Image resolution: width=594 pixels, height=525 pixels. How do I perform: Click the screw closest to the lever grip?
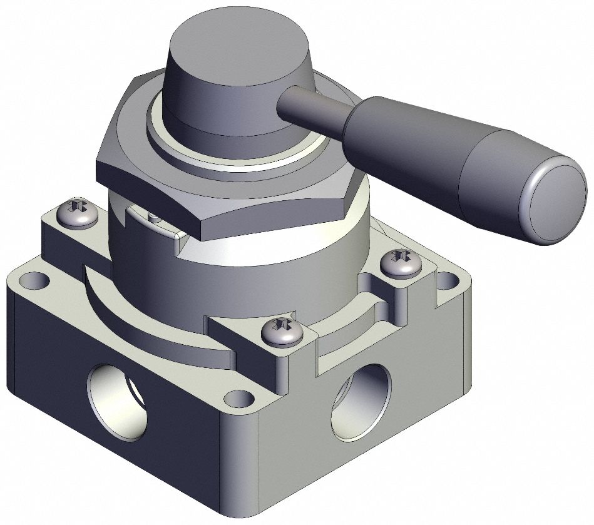[x=399, y=263]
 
